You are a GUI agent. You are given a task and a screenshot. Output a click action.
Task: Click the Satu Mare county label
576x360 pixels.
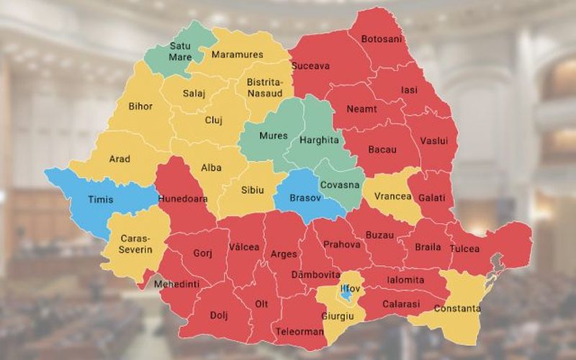click(x=179, y=50)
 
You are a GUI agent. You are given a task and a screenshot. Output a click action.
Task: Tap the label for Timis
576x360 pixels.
click(x=100, y=199)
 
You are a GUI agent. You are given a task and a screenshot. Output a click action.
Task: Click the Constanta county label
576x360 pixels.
click(x=457, y=309)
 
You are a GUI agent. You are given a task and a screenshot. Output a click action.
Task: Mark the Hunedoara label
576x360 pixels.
click(x=185, y=198)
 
